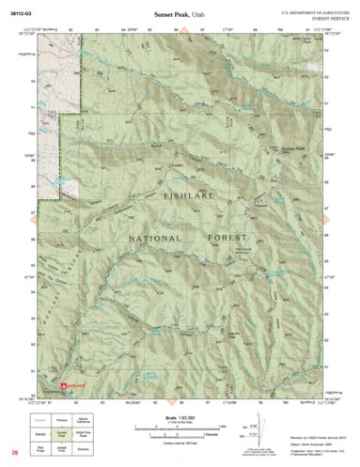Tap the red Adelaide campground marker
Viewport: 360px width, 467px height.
pos(70,386)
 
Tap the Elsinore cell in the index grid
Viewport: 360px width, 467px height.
pos(83,451)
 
